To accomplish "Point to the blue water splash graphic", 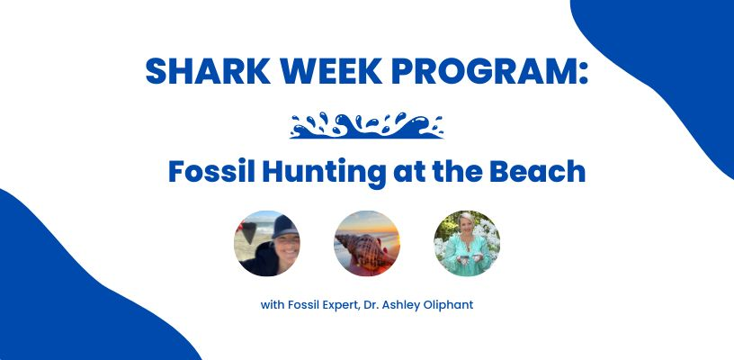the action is [366, 125].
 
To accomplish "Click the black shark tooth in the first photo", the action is [249, 230].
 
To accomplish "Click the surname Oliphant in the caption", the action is [452, 305].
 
